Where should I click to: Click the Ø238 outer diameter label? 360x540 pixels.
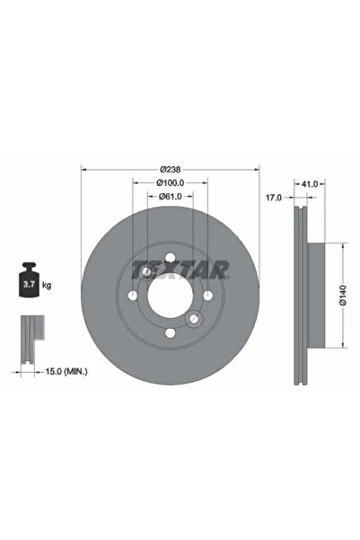170,169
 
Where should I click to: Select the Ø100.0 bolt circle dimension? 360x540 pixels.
170,183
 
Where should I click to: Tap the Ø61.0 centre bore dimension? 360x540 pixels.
170,197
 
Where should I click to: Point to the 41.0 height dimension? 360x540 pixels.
310,183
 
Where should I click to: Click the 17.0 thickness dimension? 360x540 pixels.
274,197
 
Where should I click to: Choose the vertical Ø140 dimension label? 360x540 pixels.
343,292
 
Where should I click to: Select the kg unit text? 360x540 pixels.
47,285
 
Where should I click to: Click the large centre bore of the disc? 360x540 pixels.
170,295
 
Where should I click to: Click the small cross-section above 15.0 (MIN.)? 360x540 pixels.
32,335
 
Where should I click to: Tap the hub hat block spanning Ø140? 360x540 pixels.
319,292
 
